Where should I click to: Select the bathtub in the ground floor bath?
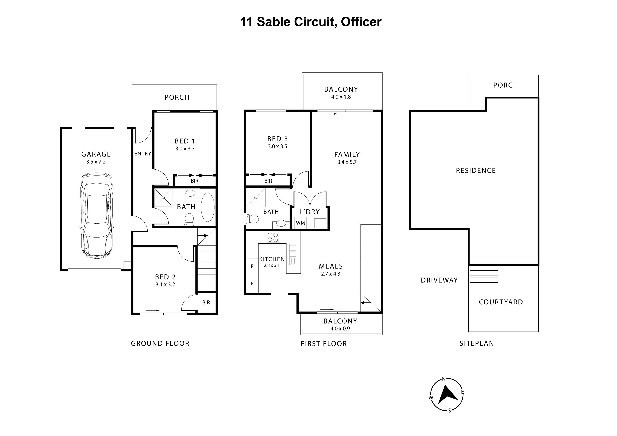click(x=207, y=207)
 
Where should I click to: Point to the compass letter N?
click(x=444, y=379)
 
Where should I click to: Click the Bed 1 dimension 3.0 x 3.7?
click(x=185, y=149)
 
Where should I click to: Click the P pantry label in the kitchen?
click(x=252, y=266)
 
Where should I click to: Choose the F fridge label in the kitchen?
click(x=252, y=283)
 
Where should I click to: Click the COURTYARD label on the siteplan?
click(x=501, y=302)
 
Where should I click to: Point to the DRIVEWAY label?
click(x=439, y=280)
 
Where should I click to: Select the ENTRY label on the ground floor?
click(x=143, y=154)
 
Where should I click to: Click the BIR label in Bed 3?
click(x=268, y=181)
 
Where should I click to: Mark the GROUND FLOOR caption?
click(x=160, y=343)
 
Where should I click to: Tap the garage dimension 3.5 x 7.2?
click(x=96, y=162)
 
